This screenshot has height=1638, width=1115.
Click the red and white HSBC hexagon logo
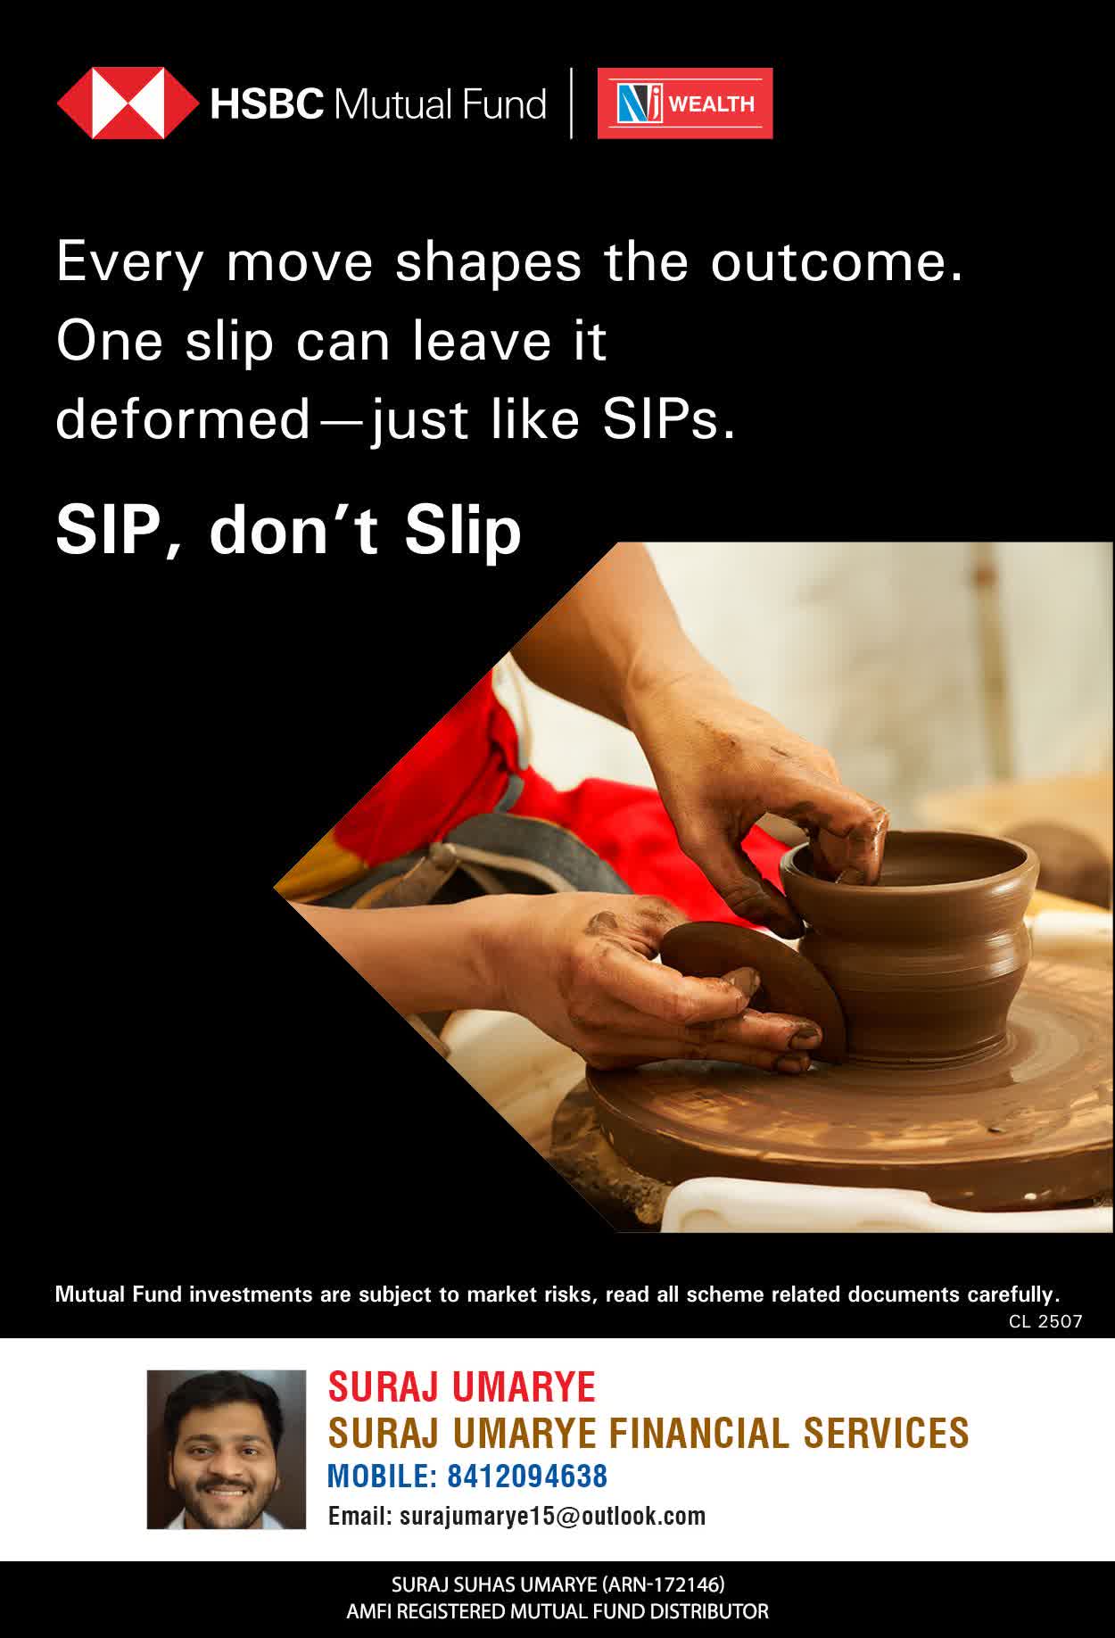[128, 103]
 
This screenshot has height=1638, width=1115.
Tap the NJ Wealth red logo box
[685, 103]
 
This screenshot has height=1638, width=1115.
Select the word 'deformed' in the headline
[182, 419]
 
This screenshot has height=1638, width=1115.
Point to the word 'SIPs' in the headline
[669, 419]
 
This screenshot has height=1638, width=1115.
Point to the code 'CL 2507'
[1045, 1321]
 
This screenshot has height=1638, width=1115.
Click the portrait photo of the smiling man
[227, 1450]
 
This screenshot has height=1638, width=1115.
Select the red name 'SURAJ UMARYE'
[462, 1386]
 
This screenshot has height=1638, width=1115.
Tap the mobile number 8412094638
[527, 1476]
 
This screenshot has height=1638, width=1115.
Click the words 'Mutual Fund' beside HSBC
[440, 104]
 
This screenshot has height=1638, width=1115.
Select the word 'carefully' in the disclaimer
[1011, 1295]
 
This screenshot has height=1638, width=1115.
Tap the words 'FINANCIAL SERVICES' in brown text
[789, 1433]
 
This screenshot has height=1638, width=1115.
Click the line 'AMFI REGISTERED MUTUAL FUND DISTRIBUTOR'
[557, 1612]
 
